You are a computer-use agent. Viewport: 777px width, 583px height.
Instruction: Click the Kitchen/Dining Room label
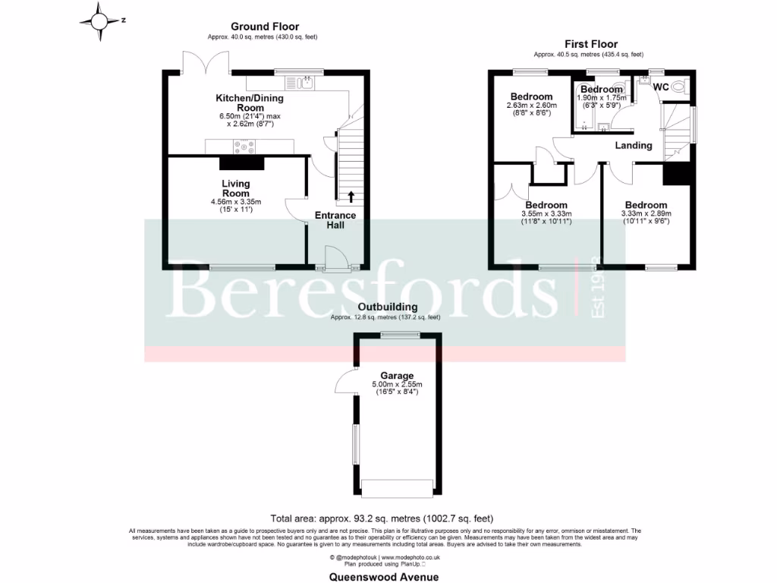[246, 103]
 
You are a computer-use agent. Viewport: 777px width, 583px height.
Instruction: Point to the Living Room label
[236, 188]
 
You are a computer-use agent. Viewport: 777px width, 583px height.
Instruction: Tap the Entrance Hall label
[335, 220]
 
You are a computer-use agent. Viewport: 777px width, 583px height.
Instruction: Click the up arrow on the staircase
[351, 197]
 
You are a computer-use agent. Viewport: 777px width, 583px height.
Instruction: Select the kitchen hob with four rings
[244, 147]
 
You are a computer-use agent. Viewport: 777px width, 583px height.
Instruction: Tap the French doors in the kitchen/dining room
[206, 62]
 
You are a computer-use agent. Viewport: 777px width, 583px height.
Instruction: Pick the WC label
[661, 87]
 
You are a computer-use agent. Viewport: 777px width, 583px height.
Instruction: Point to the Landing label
[633, 145]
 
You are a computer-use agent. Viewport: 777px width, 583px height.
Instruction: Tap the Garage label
[397, 376]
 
